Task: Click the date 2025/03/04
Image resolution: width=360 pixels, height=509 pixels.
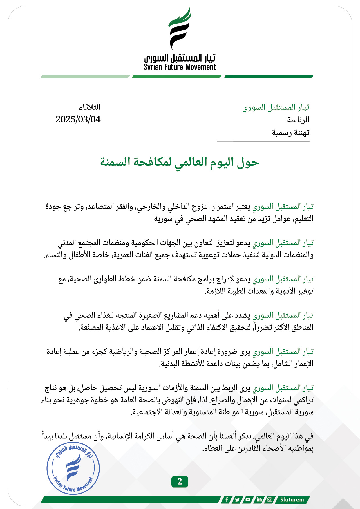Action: [78, 119]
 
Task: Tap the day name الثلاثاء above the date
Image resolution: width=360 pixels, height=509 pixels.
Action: [90, 107]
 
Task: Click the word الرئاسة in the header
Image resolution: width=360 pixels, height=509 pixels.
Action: [298, 120]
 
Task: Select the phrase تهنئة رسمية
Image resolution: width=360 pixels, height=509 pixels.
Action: [290, 133]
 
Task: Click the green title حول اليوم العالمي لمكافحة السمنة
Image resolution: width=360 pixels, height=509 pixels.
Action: [180, 162]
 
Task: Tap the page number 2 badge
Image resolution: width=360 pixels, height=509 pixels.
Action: [180, 481]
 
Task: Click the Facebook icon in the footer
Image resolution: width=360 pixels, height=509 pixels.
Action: [227, 499]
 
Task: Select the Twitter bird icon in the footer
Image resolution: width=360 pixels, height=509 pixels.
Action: [238, 499]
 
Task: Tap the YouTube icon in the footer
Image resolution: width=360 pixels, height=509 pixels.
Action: [248, 499]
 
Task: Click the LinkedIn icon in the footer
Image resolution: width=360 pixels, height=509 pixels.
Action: [259, 499]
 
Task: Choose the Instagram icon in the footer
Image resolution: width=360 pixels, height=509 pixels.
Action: [269, 499]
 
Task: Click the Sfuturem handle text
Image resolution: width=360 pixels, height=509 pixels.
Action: [292, 499]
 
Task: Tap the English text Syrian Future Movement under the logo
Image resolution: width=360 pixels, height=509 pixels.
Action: [180, 67]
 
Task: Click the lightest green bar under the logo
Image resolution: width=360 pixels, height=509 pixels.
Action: [85, 77]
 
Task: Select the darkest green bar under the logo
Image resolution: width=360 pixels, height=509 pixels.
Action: [269, 77]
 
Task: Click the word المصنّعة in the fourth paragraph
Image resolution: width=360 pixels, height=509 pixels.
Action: [91, 327]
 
